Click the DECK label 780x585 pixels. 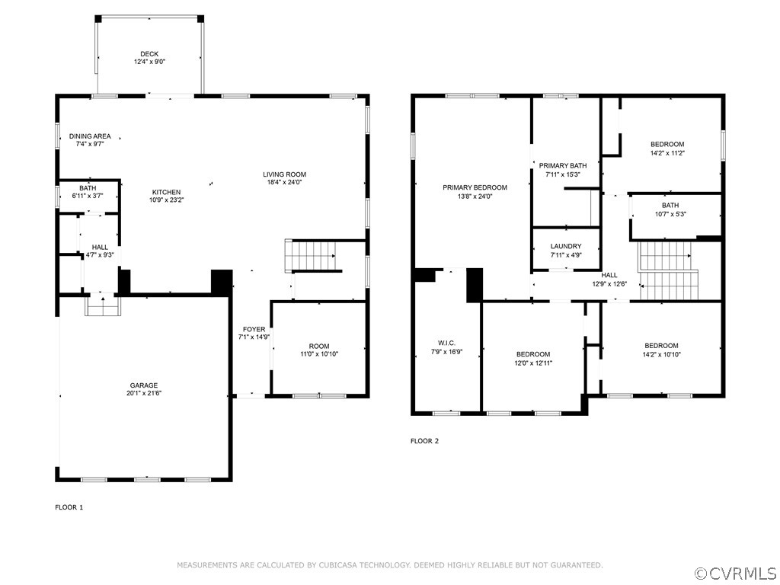pos(149,53)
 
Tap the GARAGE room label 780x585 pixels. pos(143,385)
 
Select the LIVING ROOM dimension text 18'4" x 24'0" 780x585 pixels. pos(286,182)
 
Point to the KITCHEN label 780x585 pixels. pos(166,192)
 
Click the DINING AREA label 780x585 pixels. pos(89,136)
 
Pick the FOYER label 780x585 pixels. pos(254,329)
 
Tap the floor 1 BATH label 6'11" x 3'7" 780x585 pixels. pos(88,187)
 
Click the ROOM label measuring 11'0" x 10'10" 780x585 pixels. pos(319,346)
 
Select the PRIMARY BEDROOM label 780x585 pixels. pos(475,187)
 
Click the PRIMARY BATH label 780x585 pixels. pos(563,165)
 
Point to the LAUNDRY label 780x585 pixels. pos(566,246)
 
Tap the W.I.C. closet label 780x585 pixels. pos(446,343)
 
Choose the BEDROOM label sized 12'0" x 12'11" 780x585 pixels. pos(533,354)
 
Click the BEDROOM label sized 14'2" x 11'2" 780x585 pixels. pos(667,144)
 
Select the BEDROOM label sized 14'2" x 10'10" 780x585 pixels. pos(660,346)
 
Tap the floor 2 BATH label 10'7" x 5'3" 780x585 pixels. pos(670,205)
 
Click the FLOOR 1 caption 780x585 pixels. pos(69,507)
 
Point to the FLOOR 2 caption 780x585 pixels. pos(424,441)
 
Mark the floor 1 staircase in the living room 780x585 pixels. pos(312,255)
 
